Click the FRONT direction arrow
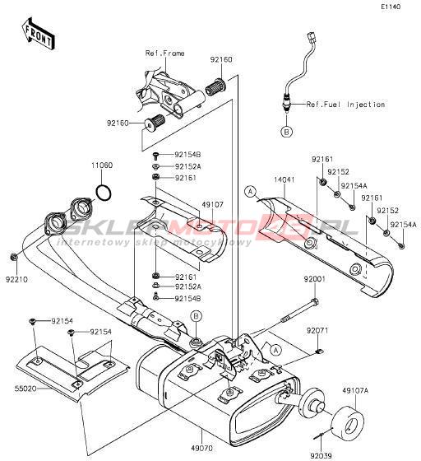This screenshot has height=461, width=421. pyautogui.click(x=38, y=34)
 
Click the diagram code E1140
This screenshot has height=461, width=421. pyautogui.click(x=391, y=7)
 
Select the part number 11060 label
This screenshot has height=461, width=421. pyautogui.click(x=102, y=165)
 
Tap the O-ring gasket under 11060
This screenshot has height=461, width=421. pyautogui.click(x=104, y=193)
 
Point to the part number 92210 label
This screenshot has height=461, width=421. pyautogui.click(x=16, y=279)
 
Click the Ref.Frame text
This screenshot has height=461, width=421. pyautogui.click(x=165, y=54)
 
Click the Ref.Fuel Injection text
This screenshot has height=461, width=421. pyautogui.click(x=345, y=105)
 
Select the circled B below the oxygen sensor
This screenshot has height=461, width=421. pyautogui.click(x=286, y=132)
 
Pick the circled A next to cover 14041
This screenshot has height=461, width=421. pyautogui.click(x=250, y=192)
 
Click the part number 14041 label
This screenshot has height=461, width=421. pyautogui.click(x=285, y=179)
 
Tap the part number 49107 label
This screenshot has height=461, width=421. pyautogui.click(x=212, y=204)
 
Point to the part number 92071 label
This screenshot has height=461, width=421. pyautogui.click(x=317, y=331)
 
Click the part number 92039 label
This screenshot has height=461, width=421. pyautogui.click(x=321, y=455)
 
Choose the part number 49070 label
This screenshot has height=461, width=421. pyautogui.click(x=201, y=449)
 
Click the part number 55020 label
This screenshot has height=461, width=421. pyautogui.click(x=25, y=389)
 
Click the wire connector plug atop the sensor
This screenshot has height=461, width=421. pyautogui.click(x=310, y=37)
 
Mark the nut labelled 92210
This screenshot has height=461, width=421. pyautogui.click(x=13, y=257)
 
